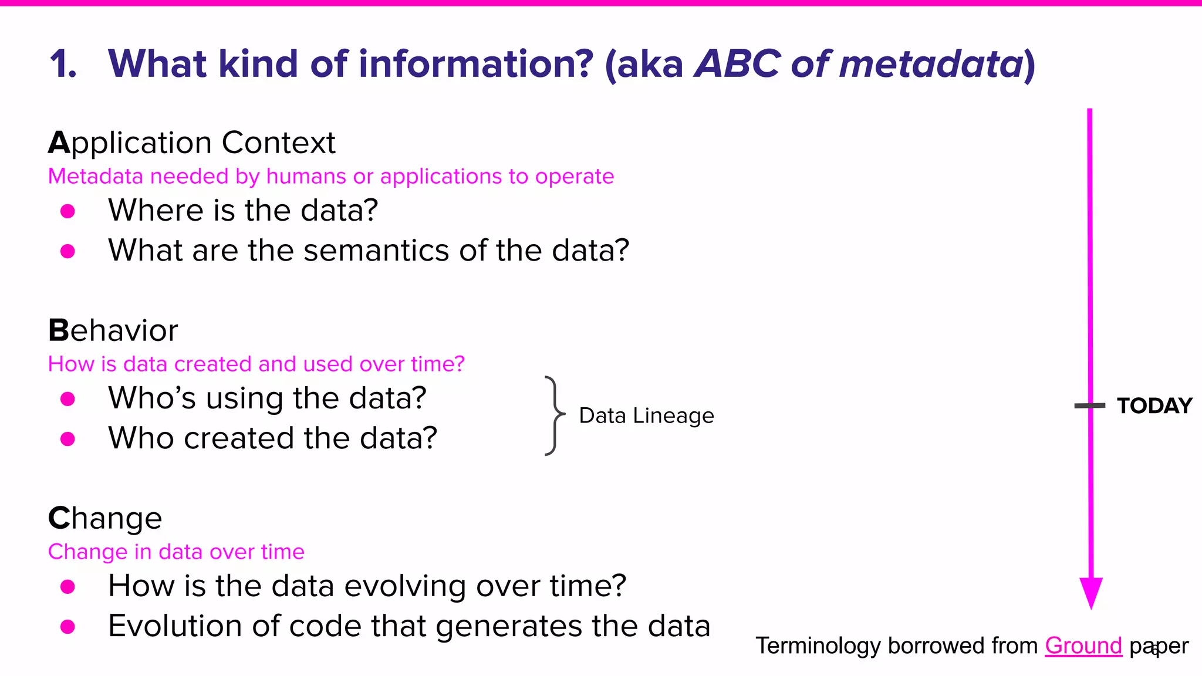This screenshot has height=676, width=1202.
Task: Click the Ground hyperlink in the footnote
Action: tap(1083, 645)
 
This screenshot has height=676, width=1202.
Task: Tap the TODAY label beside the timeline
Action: tap(1154, 405)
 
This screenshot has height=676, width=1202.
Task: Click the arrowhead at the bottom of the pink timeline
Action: tap(1091, 593)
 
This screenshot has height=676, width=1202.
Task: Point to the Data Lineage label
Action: tap(646, 415)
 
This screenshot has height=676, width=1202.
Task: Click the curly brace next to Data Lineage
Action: tap(553, 415)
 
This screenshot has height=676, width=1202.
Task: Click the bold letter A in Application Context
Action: tap(59, 143)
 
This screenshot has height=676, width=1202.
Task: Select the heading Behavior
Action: tap(113, 330)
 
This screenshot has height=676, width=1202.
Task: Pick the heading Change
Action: tap(104, 518)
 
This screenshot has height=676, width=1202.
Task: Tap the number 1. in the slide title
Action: tap(63, 63)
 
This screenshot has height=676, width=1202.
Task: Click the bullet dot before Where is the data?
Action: tap(68, 211)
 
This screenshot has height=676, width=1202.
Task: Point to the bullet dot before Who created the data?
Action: tap(68, 439)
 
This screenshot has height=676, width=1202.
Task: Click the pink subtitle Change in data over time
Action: tap(176, 552)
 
